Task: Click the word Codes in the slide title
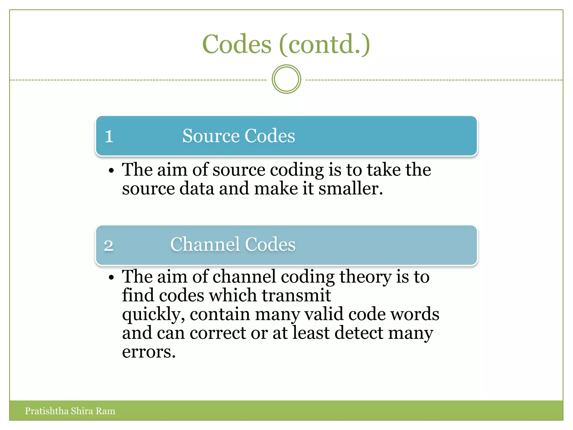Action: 237,44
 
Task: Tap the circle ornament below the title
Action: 286,79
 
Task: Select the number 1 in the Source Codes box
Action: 109,137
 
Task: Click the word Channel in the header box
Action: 205,244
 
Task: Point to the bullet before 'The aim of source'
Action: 111,170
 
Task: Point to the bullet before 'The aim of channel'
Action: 111,277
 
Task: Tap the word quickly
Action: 152,315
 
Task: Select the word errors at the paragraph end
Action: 148,352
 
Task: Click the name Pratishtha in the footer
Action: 47,411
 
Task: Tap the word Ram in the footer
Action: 105,411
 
